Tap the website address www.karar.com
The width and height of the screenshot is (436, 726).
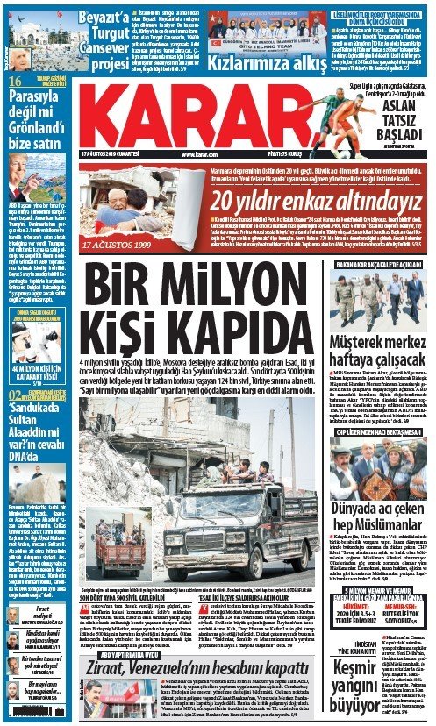[199, 155]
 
